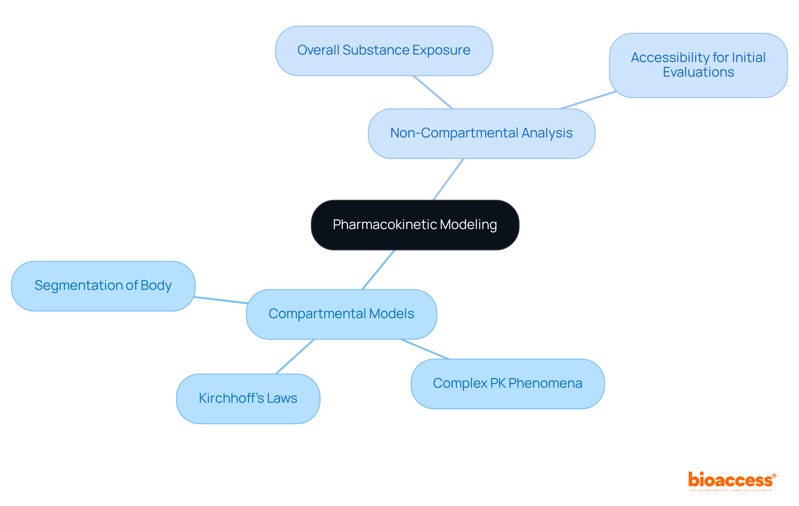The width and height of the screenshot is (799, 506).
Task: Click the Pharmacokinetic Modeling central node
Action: coord(415,225)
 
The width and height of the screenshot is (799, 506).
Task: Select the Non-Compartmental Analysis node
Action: coord(481,133)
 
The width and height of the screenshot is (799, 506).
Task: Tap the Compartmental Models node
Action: coord(341,314)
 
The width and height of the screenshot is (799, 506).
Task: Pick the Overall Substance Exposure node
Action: coord(384,50)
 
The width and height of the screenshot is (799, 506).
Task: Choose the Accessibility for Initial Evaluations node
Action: coord(698,65)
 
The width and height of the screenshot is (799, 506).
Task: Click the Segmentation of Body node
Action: coord(103,286)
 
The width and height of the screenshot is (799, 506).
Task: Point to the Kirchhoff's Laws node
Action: coord(248,399)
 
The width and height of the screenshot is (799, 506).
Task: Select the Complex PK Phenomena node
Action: coord(507,384)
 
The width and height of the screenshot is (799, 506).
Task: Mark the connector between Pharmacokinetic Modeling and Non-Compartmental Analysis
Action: coord(449,179)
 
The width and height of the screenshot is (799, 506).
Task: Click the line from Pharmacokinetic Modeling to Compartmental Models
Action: coord(378,269)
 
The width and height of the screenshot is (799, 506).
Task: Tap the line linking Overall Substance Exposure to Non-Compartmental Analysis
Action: coord(433,92)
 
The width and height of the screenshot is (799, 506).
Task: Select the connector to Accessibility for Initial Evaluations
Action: coord(588,100)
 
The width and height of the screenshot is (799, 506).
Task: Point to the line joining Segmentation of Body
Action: coord(221,300)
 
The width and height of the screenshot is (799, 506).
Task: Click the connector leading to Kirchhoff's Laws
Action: coord(295,356)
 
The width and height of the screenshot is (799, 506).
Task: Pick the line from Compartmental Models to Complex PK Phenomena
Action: coord(424,349)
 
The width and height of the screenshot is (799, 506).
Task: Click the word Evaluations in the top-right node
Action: coord(698,72)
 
